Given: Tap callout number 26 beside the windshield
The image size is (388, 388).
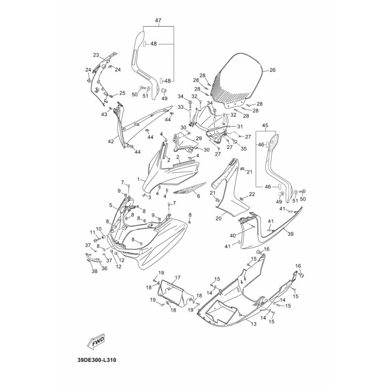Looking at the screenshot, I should [272, 70].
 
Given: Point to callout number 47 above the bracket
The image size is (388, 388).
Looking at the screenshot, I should [158, 20].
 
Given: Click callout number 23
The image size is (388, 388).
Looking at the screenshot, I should [96, 55].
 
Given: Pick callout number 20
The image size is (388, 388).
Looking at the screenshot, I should [218, 219].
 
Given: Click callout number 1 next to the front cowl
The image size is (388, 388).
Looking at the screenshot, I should [139, 178].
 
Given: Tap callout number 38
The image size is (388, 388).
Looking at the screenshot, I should [94, 272].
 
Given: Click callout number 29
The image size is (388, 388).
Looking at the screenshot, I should [198, 138].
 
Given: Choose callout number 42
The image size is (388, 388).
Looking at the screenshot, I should [111, 142].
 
